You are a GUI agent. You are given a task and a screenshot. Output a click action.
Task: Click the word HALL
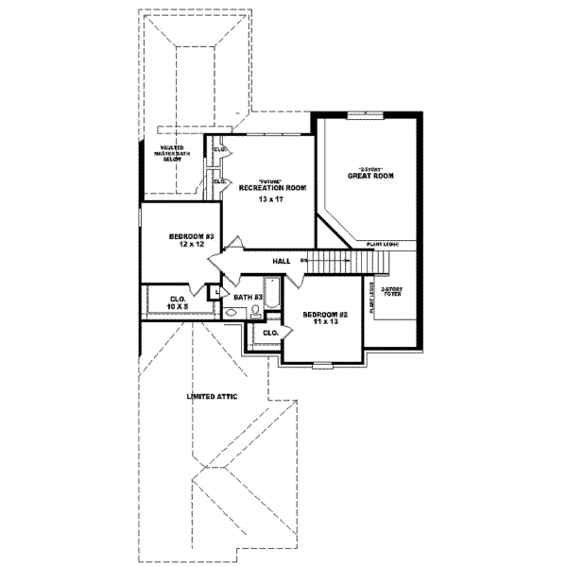coord(281,260)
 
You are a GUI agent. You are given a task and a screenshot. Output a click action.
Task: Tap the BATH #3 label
coord(248,297)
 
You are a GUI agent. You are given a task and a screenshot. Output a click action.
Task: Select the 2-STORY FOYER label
coord(390,296)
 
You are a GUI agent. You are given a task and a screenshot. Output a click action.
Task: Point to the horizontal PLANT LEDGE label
coord(381,244)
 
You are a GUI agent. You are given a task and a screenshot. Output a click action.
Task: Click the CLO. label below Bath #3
coord(269,333)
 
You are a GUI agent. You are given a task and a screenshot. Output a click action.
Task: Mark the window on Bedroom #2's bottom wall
coord(323,364)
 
